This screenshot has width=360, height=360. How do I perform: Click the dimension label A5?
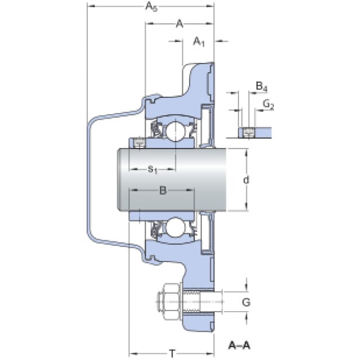point(150,6)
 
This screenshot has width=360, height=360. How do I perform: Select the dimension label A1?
point(199,41)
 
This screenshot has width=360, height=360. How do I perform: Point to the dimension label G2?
point(268,105)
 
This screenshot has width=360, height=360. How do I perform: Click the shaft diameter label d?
point(246,180)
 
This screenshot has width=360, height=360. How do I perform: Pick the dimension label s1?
point(152,169)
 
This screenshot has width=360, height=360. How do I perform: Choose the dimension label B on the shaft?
point(162,191)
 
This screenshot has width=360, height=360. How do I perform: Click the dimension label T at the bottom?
point(172,353)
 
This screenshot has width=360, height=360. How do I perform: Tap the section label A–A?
point(240,344)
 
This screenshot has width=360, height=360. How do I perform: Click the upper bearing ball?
point(173,132)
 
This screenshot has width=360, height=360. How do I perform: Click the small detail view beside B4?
point(255,132)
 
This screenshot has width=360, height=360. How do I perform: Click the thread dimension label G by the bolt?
point(246,302)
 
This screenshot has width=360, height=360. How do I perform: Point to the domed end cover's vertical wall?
point(89,180)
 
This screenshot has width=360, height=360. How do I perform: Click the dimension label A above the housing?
point(179,24)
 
